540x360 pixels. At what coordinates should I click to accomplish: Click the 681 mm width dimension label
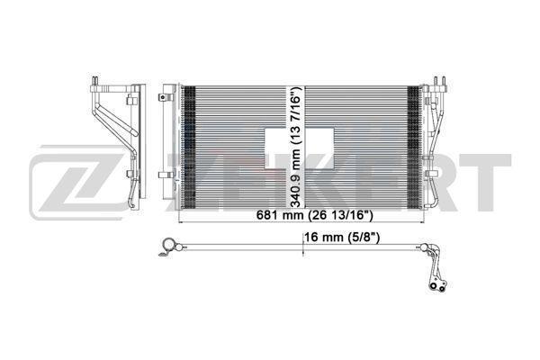point(315,216)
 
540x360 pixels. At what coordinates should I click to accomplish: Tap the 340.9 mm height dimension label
point(295,147)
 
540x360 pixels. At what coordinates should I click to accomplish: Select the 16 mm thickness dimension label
point(342,238)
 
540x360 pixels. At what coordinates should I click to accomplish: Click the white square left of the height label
point(276,148)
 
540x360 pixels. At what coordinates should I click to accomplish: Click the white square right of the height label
point(319,148)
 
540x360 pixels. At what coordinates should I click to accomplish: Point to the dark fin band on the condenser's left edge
point(188,147)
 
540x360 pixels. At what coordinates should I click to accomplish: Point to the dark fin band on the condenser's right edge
point(414,147)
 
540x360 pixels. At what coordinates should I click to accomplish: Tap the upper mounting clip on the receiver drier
point(166,97)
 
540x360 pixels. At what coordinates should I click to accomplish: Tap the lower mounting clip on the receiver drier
point(166,175)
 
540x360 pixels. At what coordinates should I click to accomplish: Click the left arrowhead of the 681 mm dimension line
point(182,223)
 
